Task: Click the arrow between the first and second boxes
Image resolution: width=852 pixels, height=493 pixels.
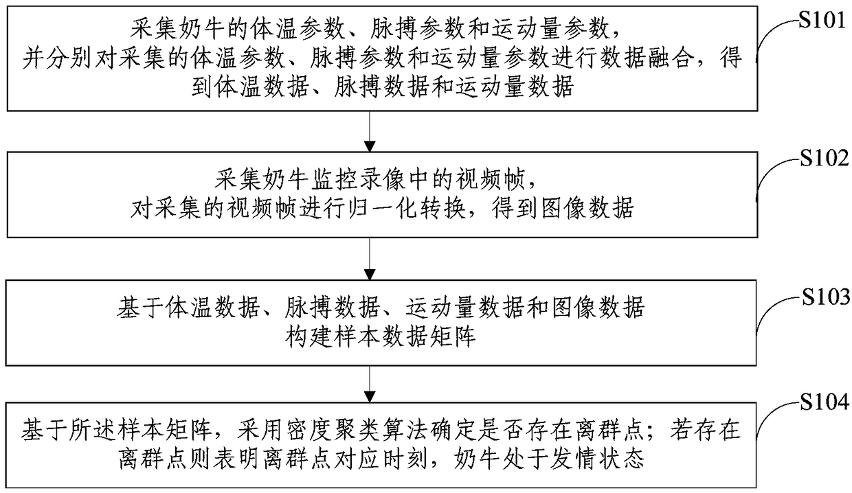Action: (x=370, y=131)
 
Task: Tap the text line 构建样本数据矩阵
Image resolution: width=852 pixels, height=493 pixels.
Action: (x=371, y=336)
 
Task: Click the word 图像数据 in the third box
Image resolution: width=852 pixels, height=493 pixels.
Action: (x=603, y=308)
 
